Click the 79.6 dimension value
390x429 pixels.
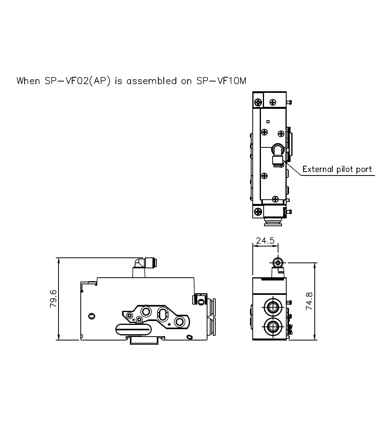click(53, 299)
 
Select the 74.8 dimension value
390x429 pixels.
click(309, 300)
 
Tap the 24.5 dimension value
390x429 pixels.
click(265, 241)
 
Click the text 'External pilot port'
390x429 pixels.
click(337, 169)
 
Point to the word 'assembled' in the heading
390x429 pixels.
click(152, 81)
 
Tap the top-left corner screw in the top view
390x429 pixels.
click(258, 103)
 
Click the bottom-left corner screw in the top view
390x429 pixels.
click(258, 212)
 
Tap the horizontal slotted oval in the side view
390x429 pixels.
click(133, 330)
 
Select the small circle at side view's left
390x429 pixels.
click(92, 315)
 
